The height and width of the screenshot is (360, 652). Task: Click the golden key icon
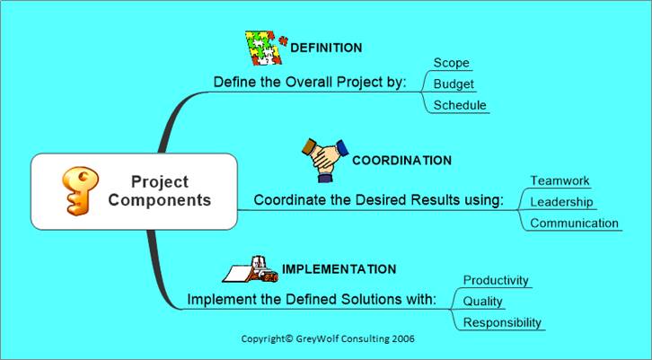tap(80, 191)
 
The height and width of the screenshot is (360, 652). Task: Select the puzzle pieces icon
tap(266, 48)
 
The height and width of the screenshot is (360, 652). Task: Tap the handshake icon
tap(325, 161)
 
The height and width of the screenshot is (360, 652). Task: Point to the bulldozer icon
tap(251, 270)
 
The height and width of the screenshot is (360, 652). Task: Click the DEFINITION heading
tap(326, 48)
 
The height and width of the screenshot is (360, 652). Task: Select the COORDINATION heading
tap(401, 161)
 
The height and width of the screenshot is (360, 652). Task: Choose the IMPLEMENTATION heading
tap(339, 269)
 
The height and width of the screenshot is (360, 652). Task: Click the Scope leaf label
tap(451, 63)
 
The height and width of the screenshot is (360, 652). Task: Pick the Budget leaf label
tap(454, 84)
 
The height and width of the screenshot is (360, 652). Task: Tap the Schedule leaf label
tap(460, 105)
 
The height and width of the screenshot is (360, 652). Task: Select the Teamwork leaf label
tap(559, 180)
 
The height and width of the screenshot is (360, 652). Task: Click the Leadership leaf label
tap(561, 202)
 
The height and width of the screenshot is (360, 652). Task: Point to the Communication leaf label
tap(574, 224)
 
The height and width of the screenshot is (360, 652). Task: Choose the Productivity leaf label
tap(496, 281)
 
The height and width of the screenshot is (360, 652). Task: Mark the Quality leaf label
tap(483, 302)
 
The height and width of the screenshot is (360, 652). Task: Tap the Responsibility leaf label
tap(502, 322)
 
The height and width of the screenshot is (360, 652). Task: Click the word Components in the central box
tap(160, 200)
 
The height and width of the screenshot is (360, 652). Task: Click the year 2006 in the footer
tap(402, 338)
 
